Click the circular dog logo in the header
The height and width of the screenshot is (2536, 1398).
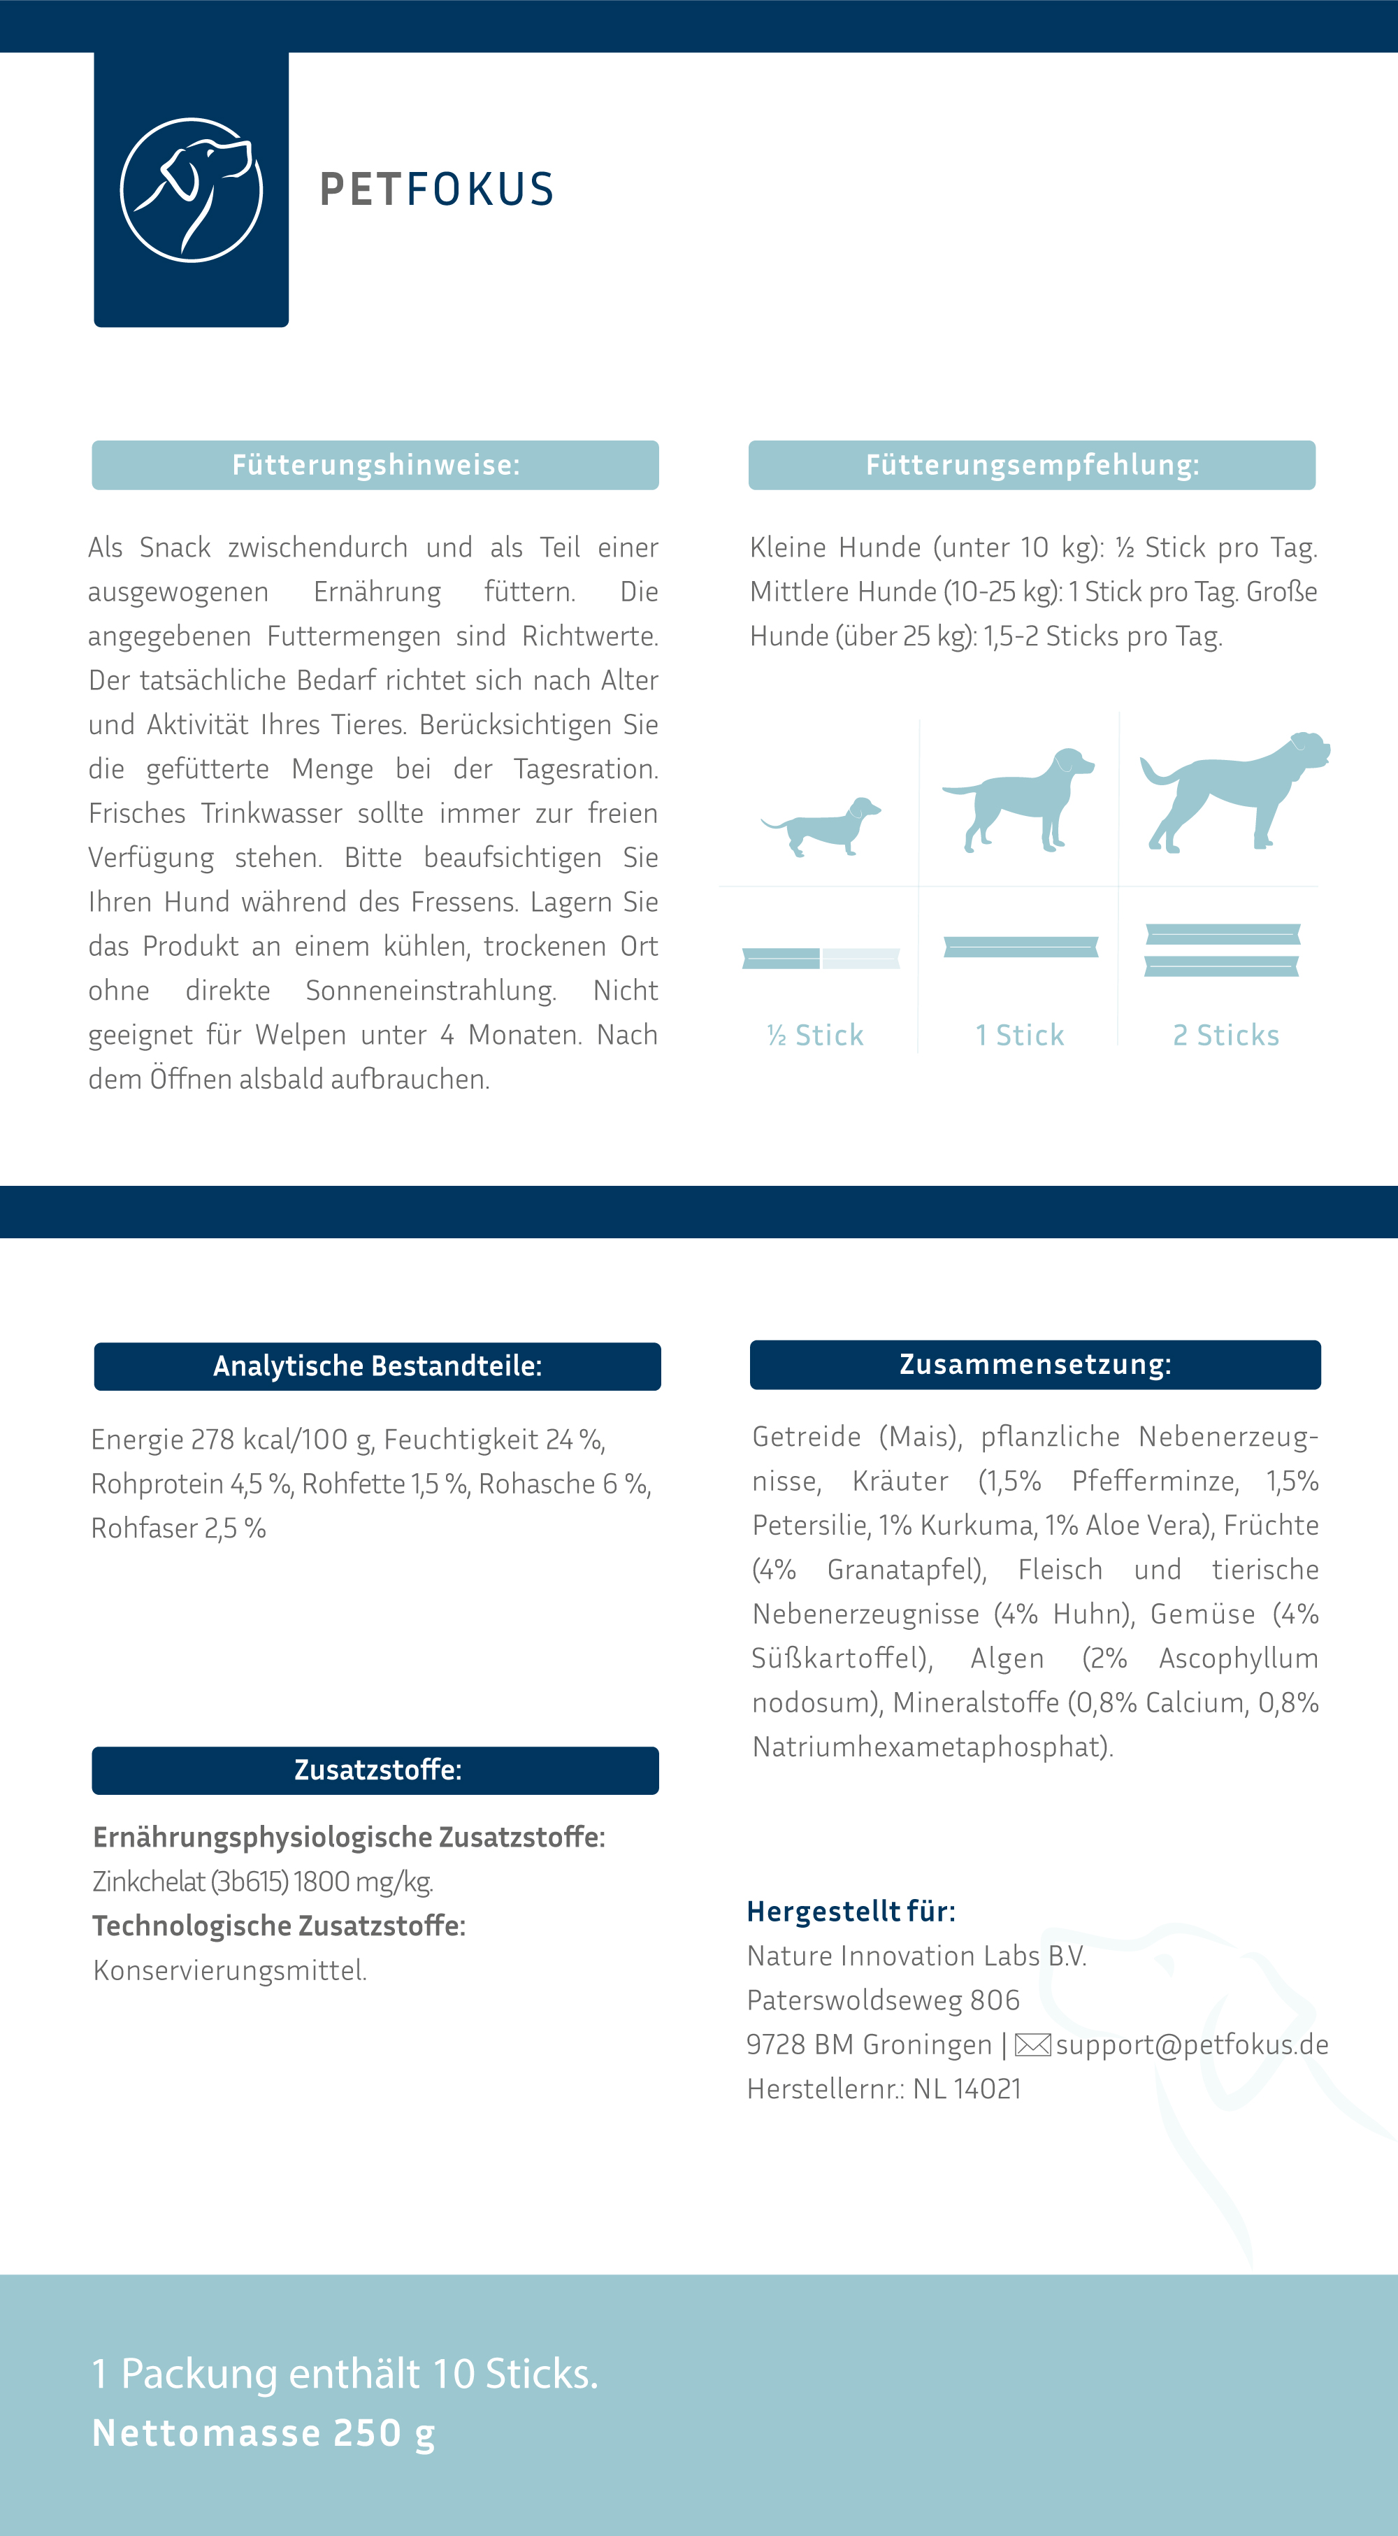click(191, 190)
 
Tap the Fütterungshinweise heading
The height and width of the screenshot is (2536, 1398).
click(375, 465)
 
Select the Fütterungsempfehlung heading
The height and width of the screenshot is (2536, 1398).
click(1032, 465)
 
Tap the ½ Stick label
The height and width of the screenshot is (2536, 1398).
click(815, 1035)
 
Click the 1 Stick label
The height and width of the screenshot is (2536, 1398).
click(1020, 1035)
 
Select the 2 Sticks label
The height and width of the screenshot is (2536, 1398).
click(1226, 1035)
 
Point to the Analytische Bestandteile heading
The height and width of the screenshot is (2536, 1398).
click(377, 1366)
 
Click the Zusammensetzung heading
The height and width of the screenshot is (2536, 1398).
click(1035, 1364)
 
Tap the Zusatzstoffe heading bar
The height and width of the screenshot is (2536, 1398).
click(375, 1770)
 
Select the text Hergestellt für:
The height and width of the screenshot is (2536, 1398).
click(851, 1911)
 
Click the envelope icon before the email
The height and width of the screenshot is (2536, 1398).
click(1032, 2044)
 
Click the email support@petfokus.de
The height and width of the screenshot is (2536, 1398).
click(1192, 2044)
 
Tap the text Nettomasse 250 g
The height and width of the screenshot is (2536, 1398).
click(264, 2433)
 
